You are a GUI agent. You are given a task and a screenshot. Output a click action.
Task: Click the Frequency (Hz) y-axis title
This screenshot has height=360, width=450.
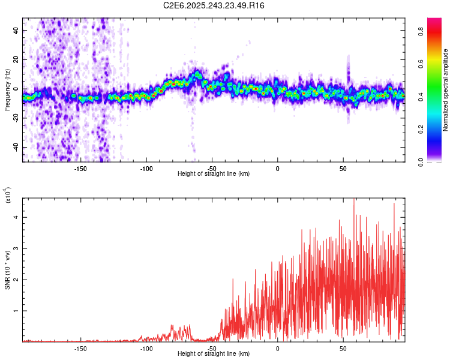7,90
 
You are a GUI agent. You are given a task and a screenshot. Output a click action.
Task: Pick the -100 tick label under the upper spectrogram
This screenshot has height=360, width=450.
146,169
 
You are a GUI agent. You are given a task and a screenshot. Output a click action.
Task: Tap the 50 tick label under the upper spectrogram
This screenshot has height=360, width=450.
343,169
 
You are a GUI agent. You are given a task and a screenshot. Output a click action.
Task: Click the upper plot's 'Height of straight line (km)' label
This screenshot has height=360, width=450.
214,174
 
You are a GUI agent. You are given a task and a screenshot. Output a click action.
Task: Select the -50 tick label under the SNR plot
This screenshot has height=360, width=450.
212,349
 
